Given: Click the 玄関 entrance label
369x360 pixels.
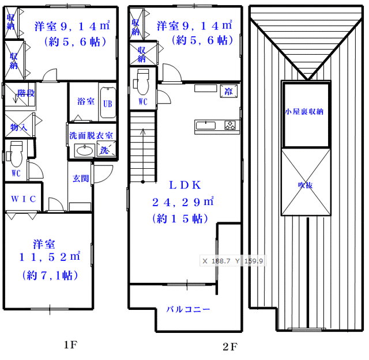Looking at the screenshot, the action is (81, 179).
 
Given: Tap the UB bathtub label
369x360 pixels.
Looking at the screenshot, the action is (108, 104).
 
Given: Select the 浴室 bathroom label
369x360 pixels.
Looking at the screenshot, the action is (86, 101).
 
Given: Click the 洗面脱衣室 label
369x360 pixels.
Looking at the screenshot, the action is (91, 136).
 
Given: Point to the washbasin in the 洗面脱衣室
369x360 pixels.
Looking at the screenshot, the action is (85, 150).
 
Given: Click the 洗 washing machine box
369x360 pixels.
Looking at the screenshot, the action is (106, 149).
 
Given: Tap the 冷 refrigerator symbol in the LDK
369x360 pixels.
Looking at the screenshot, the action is (229, 91).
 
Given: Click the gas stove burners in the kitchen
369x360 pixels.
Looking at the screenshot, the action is (230, 125).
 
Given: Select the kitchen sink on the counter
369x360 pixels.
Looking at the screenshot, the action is (206, 126).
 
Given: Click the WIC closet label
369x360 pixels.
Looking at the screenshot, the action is (24, 199).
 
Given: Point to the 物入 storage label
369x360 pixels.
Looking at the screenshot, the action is (19, 127).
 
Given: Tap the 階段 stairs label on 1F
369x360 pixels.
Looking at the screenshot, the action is (26, 93).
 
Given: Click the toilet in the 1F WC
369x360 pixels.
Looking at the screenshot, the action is (16, 154).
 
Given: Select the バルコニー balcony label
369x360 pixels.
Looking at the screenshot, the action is (188, 309).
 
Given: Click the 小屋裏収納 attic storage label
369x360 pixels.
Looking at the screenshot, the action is (304, 112).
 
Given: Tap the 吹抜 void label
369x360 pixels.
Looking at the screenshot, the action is (305, 185).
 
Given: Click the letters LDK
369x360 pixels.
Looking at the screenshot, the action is (185, 185).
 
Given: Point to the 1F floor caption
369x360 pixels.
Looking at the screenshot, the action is (70, 345).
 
